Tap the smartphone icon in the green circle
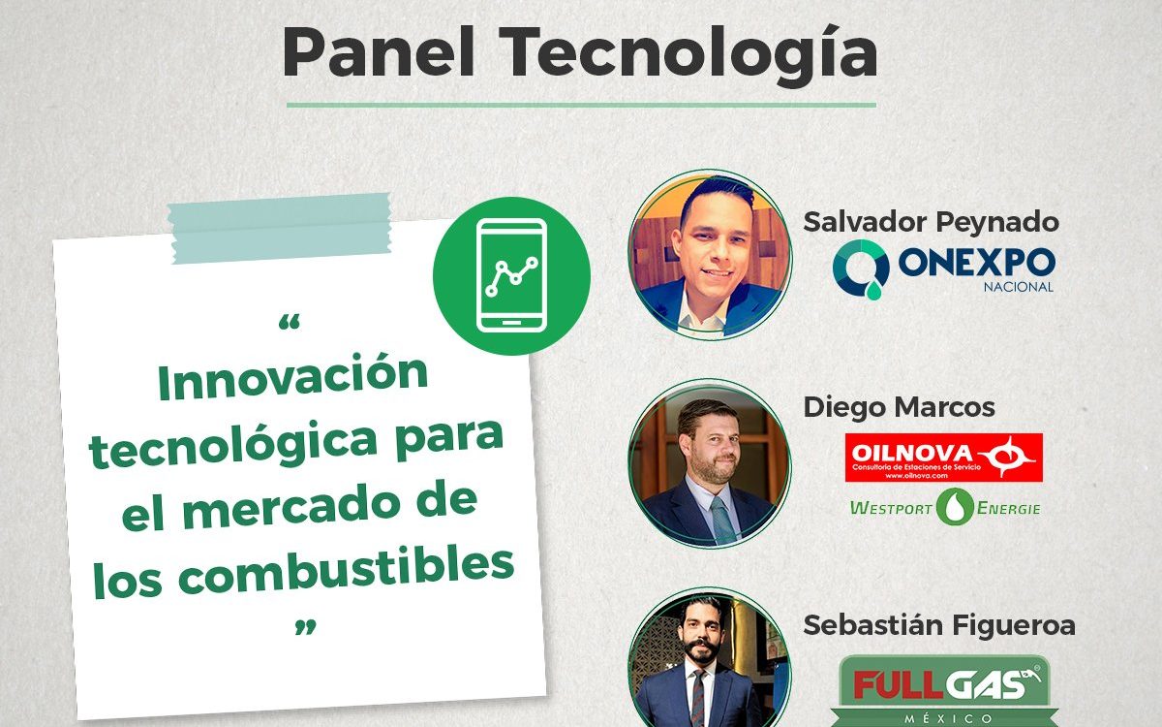coord(511,275)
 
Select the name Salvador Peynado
coord(932,222)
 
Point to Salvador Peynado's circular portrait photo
coord(710,254)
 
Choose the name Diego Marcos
coord(899,406)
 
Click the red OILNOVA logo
coord(943,458)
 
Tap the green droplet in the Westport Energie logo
coord(955,507)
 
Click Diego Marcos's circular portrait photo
coord(710,463)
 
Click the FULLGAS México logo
coord(943,690)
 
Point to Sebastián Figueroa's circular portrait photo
coord(710,658)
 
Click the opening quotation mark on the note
coord(289,323)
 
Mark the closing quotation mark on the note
coord(305,627)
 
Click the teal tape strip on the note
coord(279,229)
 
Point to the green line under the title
coord(581,105)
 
